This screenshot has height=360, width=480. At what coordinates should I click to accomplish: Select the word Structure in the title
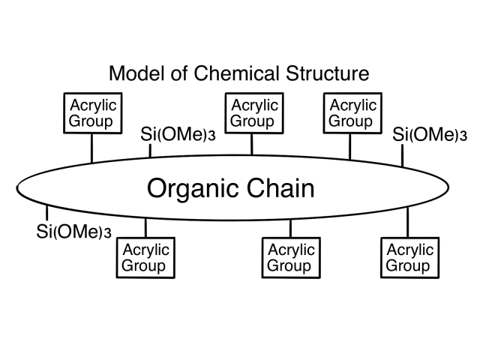point(327,74)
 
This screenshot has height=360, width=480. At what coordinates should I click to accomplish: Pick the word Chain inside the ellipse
point(282,187)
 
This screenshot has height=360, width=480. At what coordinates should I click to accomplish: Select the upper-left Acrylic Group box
point(92,112)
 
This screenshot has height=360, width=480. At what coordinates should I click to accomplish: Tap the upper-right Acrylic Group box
point(352,112)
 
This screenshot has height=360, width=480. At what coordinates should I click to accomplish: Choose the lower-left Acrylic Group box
point(145,257)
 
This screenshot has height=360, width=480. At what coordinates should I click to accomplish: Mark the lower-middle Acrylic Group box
point(289,257)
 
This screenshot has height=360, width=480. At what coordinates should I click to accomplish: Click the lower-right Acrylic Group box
point(408,257)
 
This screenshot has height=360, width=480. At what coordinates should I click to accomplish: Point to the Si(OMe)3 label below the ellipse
point(73,230)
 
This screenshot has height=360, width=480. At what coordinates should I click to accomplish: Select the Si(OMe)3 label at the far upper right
point(430,135)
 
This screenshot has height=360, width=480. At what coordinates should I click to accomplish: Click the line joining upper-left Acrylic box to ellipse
point(92,148)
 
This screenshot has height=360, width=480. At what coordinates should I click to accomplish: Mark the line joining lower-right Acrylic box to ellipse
point(408,222)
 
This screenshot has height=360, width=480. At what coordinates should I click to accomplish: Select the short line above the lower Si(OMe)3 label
point(46,212)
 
